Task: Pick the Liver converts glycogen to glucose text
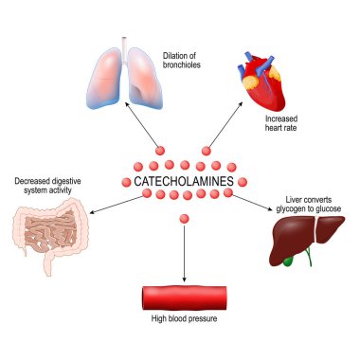coord(305,205)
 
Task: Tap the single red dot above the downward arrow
coord(184,219)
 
